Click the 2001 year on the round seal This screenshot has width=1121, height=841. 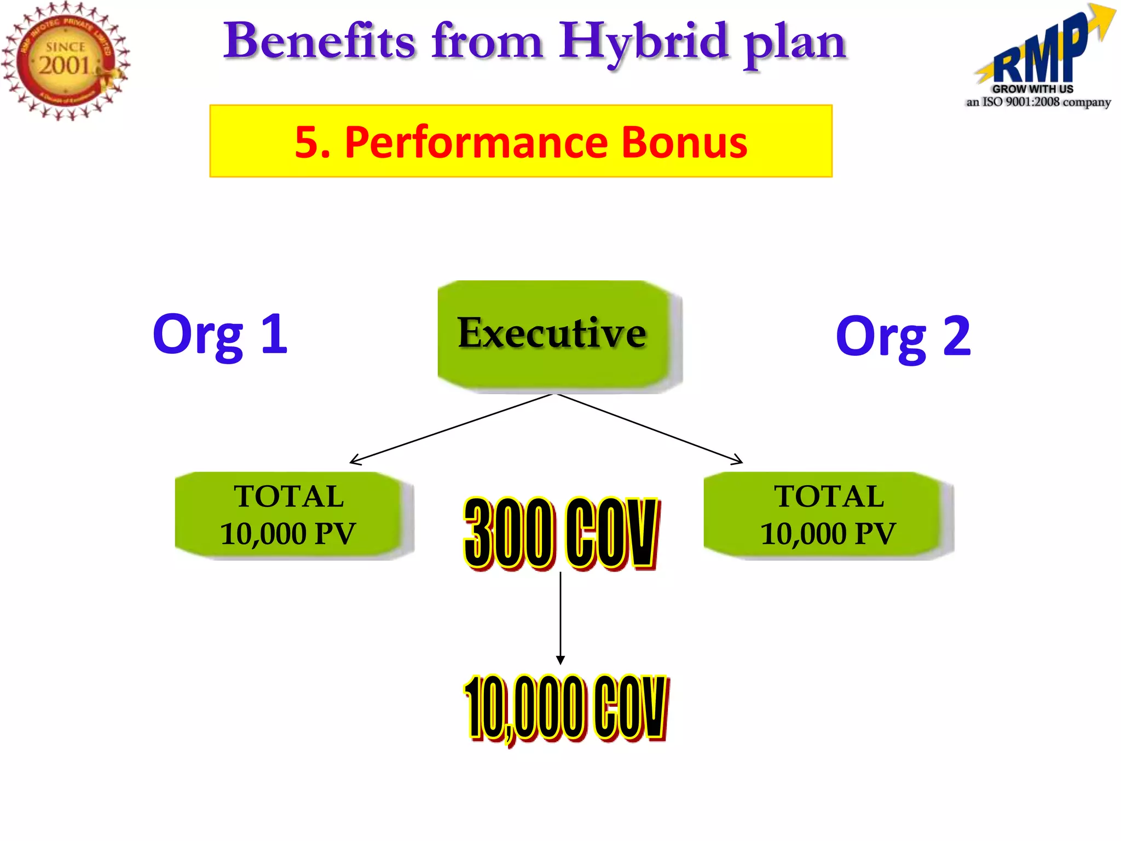[64, 66]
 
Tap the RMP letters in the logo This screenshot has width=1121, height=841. [1040, 55]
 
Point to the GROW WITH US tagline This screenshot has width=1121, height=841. [1032, 89]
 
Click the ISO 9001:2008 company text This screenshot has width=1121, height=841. [1038, 102]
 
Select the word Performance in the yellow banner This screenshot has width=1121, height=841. [476, 142]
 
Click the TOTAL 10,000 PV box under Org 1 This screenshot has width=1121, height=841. [288, 515]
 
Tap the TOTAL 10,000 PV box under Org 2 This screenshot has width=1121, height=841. [828, 515]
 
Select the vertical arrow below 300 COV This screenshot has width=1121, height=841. [560, 619]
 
